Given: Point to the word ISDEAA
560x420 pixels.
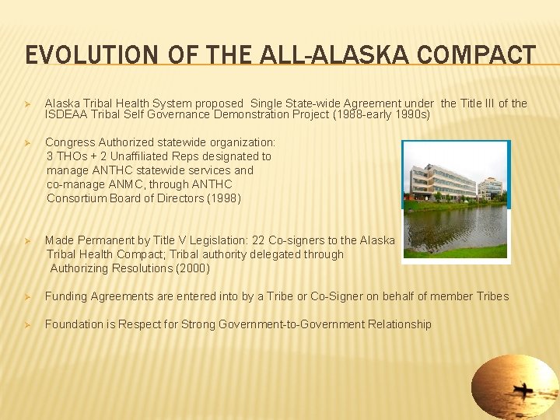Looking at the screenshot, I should [66, 114].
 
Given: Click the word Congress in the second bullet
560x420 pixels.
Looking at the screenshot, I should [70, 142].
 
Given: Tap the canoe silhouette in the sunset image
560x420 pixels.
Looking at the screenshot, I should [523, 388].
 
